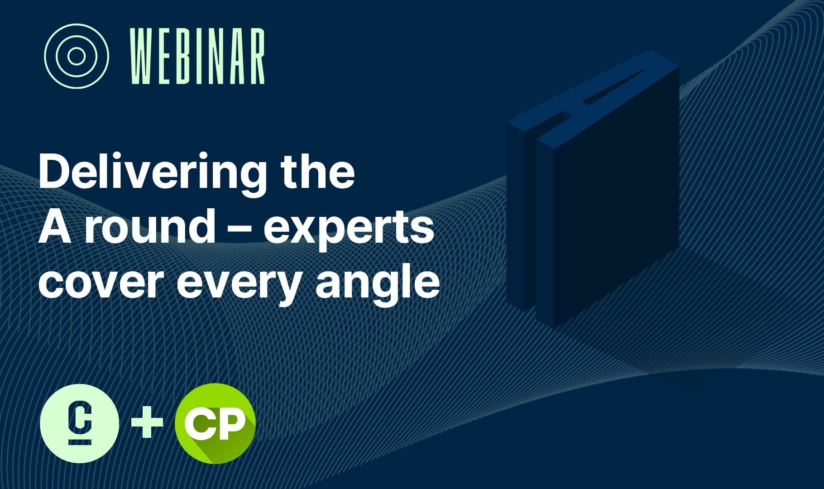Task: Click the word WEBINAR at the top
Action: click(197, 56)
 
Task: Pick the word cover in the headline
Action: click(101, 283)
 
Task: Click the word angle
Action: click(378, 283)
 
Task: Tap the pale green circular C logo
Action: click(80, 423)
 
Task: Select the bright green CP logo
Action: click(215, 423)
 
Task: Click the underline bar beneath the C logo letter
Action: click(80, 442)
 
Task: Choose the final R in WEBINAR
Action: click(256, 56)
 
